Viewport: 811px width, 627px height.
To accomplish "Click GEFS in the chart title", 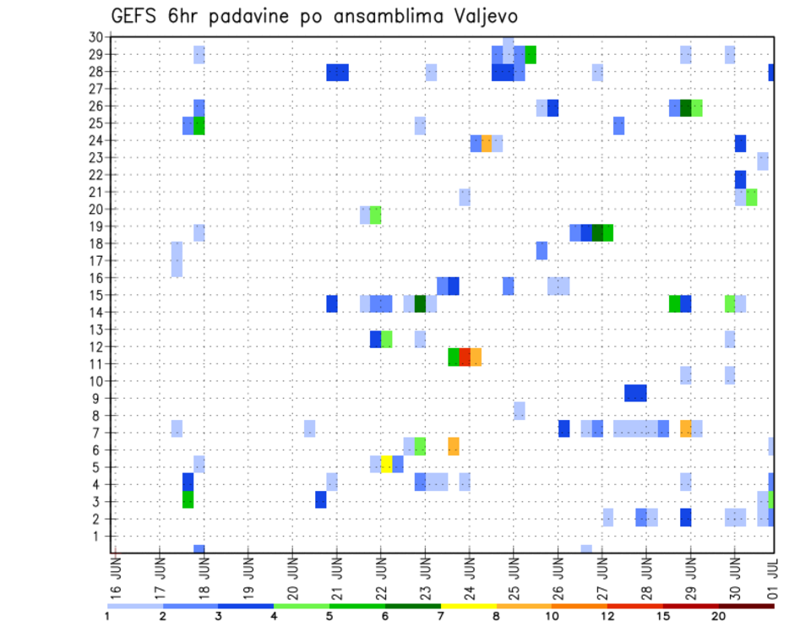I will (135, 16).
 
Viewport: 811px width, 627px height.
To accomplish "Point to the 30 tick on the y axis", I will (95, 36).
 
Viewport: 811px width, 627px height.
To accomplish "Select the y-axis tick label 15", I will (95, 295).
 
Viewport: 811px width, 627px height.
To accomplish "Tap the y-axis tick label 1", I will (98, 536).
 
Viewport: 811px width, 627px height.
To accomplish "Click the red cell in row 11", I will (465, 357).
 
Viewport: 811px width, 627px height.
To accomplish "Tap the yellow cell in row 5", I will (387, 464).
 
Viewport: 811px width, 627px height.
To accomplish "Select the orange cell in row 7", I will (685, 428).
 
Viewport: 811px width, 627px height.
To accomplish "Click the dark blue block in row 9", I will (635, 393).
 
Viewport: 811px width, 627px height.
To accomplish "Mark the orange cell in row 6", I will (454, 446).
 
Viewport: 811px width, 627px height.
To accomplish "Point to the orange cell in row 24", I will (487, 143).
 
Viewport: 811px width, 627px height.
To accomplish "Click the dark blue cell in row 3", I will (321, 499).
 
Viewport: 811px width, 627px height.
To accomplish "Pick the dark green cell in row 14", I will (420, 303).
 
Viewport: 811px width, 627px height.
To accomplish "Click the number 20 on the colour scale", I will (719, 616).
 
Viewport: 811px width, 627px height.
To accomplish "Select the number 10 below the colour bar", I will (552, 616).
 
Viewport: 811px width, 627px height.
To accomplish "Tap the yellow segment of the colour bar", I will (469, 606).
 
